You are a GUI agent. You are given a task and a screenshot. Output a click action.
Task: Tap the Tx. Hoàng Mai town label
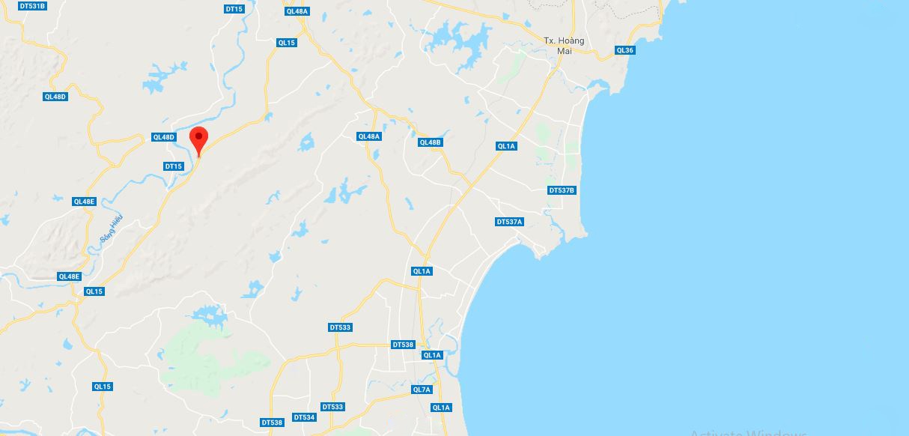pyautogui.click(x=564, y=45)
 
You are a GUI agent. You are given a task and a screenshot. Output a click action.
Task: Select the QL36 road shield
pyautogui.click(x=624, y=50)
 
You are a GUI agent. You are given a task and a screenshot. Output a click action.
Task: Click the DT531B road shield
pyautogui.click(x=31, y=6)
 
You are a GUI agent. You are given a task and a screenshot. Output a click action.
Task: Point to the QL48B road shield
pyautogui.click(x=431, y=142)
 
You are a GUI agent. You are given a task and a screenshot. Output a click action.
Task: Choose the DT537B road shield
pyautogui.click(x=562, y=190)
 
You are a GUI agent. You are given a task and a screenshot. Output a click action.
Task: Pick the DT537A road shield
pyautogui.click(x=509, y=222)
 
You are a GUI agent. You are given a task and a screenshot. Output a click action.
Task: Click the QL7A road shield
pyautogui.click(x=422, y=390)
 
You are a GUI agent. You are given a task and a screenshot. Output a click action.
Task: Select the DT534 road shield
pyautogui.click(x=304, y=417)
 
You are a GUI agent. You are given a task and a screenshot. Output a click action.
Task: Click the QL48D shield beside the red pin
pyautogui.click(x=163, y=137)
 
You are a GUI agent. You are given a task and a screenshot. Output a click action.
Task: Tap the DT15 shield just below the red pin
pyautogui.click(x=173, y=166)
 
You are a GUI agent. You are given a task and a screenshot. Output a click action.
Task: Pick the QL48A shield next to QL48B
pyautogui.click(x=369, y=136)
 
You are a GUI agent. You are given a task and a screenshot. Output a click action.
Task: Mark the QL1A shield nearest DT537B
pyautogui.click(x=506, y=146)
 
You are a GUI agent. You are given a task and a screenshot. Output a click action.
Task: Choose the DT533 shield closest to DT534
pyautogui.click(x=332, y=407)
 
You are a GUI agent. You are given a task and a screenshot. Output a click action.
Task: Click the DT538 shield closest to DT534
pyautogui.click(x=272, y=423)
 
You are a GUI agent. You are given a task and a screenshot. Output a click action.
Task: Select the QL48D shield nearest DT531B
pyautogui.click(x=55, y=97)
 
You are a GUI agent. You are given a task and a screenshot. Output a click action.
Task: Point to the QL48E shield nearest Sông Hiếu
pyautogui.click(x=84, y=202)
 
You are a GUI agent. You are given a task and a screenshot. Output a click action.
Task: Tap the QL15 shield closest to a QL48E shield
pyautogui.click(x=94, y=291)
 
